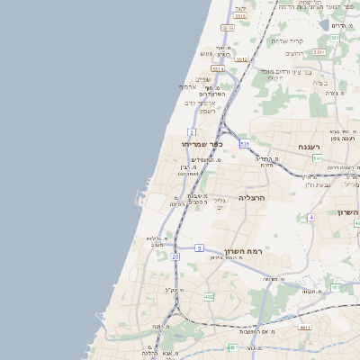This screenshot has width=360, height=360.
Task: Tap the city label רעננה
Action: tap(316, 145)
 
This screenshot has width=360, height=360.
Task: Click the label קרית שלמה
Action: tap(288, 40)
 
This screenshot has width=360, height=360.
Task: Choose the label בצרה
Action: tap(321, 82)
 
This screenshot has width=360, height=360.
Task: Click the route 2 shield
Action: tap(192, 131)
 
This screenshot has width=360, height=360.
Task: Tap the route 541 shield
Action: tap(317, 158)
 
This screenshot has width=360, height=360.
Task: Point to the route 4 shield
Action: tap(310, 217)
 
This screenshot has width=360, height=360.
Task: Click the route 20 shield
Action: tap(175, 257)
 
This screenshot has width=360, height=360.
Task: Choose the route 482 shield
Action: tap(209, 296)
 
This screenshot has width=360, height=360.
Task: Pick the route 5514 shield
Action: tap(217, 68)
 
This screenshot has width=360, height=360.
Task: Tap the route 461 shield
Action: tap(335, 288)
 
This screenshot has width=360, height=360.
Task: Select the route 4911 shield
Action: tap(305, 328)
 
